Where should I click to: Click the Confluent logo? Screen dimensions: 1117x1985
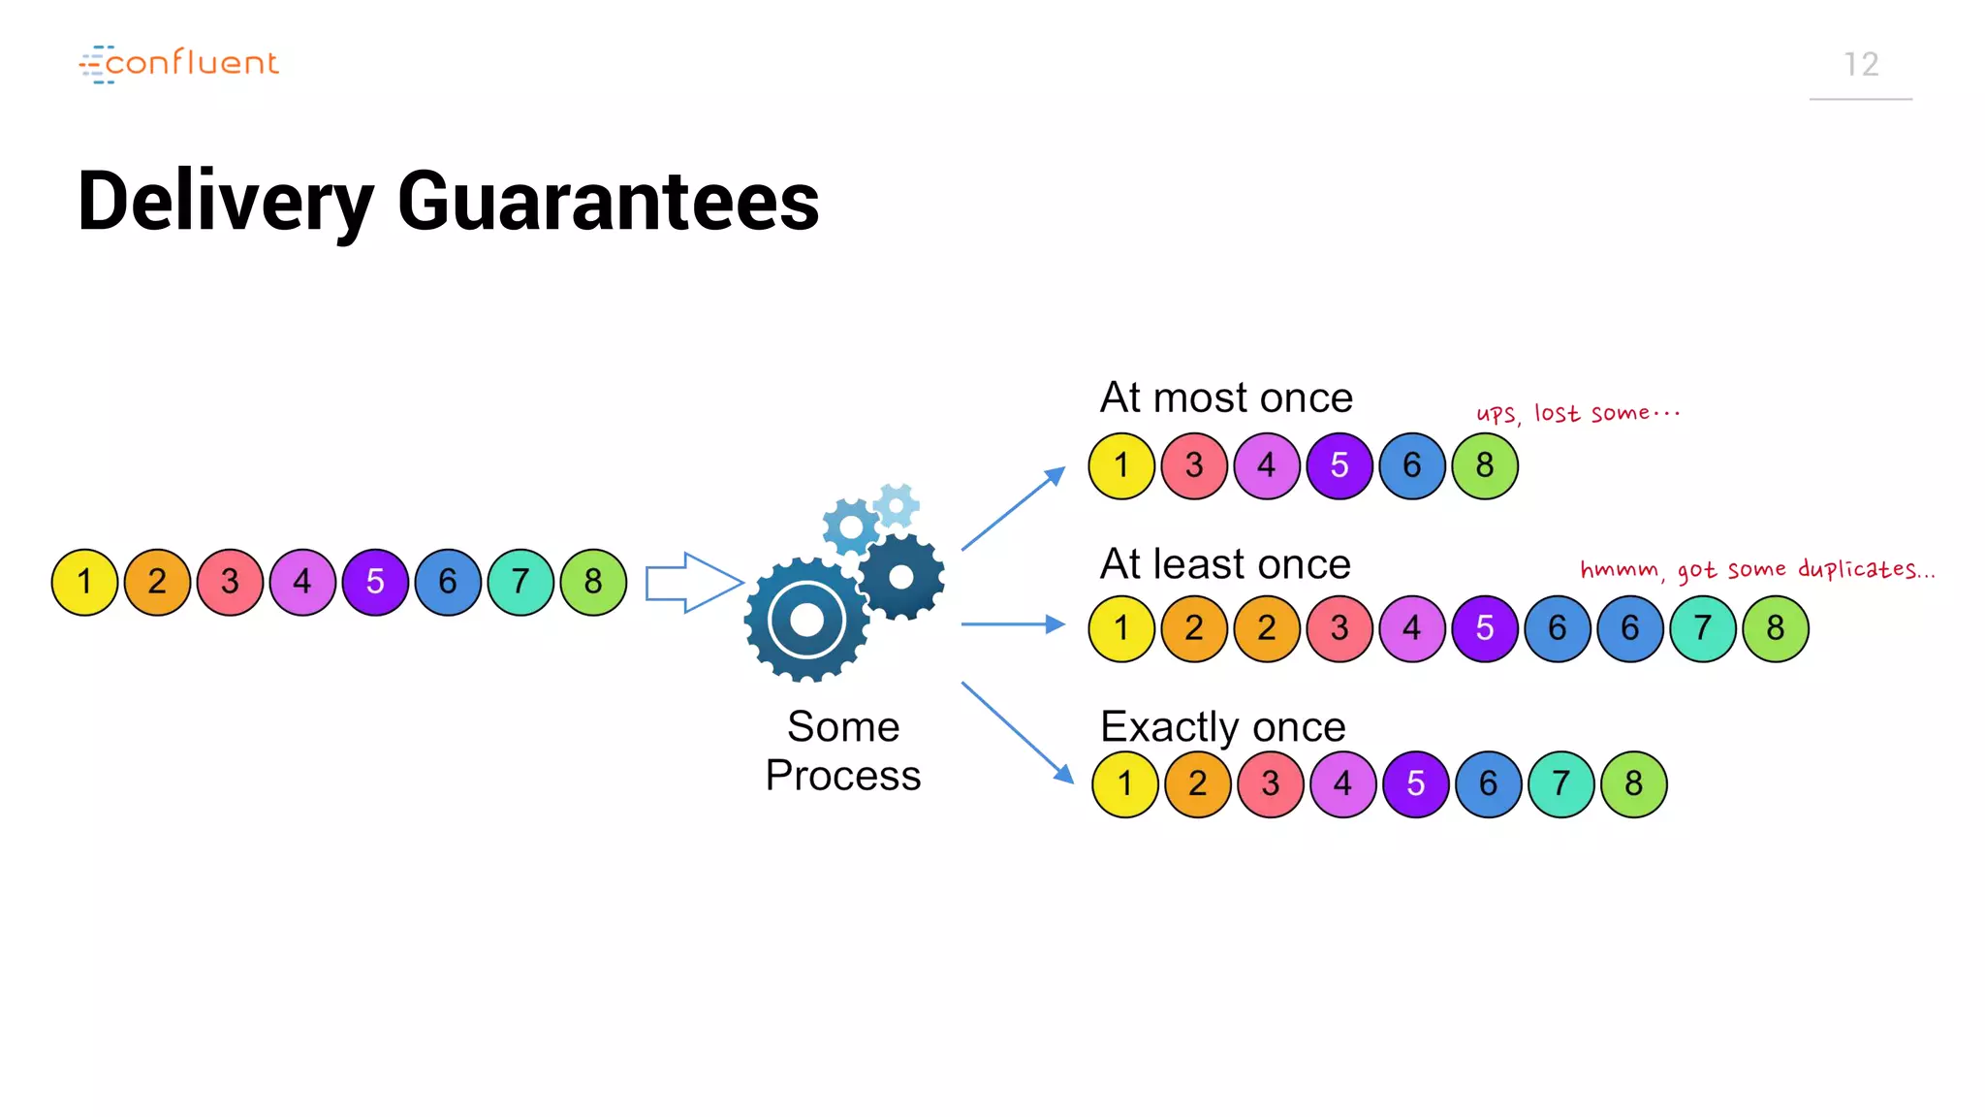click(x=179, y=64)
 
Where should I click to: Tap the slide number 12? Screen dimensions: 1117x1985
click(x=1860, y=65)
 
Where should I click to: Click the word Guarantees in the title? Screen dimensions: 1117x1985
click(x=608, y=201)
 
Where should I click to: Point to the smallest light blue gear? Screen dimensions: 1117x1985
click(x=897, y=505)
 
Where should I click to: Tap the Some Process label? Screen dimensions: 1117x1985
click(x=842, y=750)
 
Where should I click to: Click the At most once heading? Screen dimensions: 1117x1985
click(x=1225, y=398)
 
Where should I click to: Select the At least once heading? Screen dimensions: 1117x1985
click(x=1224, y=564)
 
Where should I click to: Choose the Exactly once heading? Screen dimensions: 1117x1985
click(x=1222, y=727)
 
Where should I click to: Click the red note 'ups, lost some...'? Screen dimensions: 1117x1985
click(x=1577, y=413)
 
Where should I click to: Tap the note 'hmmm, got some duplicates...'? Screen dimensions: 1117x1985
click(x=1756, y=569)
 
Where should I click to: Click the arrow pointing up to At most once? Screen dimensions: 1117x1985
click(x=1013, y=509)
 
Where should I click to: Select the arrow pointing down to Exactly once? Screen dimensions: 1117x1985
click(x=1017, y=732)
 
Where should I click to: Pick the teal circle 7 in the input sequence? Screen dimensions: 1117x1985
click(x=520, y=582)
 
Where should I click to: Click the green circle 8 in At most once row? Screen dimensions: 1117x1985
click(x=1484, y=466)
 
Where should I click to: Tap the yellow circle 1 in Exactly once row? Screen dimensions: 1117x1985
click(x=1124, y=783)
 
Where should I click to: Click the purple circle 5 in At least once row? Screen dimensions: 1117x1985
click(x=1484, y=628)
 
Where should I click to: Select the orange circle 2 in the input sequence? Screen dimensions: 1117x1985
click(x=157, y=582)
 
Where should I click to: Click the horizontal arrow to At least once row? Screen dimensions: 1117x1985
click(x=1012, y=624)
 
